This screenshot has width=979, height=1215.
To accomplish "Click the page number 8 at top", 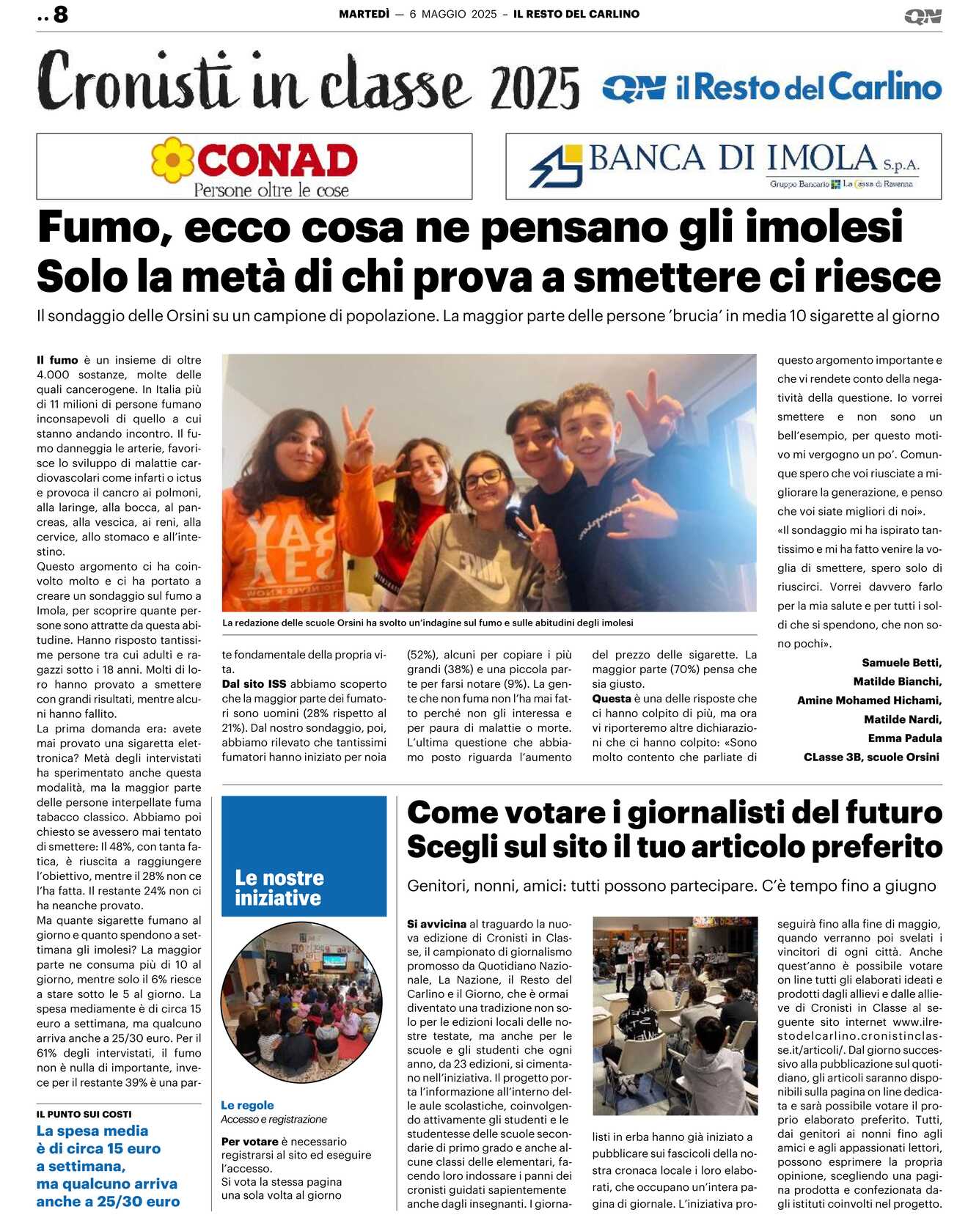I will (x=60, y=14).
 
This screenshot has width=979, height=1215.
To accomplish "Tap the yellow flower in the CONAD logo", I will (x=173, y=159).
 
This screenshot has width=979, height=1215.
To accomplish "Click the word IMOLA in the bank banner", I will (x=821, y=158).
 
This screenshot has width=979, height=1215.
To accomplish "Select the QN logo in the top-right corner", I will (x=923, y=16).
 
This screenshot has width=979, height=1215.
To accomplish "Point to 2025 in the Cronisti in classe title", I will (x=535, y=87).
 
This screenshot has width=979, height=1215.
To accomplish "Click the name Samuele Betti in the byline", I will (x=901, y=662).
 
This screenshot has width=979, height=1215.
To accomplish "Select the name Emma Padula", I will (x=904, y=738).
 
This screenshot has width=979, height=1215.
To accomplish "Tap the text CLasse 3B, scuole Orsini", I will (x=871, y=757).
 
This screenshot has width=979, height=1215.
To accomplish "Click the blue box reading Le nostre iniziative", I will (x=304, y=856).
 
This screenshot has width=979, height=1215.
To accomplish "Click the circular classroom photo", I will (x=301, y=1002).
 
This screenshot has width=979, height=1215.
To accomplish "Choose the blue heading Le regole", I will (x=247, y=1105).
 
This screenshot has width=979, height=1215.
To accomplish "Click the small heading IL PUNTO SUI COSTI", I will (x=84, y=1114).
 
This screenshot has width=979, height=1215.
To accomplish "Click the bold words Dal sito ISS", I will (x=254, y=683).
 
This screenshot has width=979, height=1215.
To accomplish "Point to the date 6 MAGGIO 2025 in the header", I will (x=452, y=14).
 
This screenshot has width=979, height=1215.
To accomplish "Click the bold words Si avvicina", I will (x=436, y=924).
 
